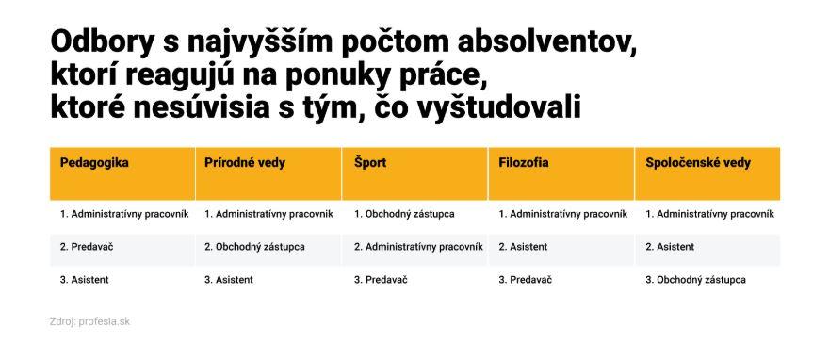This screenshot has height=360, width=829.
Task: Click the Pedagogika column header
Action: (x=94, y=163)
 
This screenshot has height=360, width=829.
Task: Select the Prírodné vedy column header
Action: (x=245, y=163)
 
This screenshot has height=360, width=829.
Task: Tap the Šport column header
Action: (x=370, y=163)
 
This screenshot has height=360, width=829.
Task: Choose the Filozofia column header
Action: (x=524, y=163)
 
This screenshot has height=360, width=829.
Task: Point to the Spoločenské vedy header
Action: (x=698, y=163)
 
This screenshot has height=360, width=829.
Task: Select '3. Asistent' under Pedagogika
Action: (x=84, y=280)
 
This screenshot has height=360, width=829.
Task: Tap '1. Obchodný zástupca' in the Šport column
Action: (x=404, y=214)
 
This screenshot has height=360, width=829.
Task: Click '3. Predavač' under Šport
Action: (x=381, y=280)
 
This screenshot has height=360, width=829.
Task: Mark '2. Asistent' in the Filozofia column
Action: (x=523, y=247)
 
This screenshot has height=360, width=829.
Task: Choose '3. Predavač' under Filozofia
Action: (x=525, y=280)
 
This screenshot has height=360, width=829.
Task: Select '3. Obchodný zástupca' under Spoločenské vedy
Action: (x=696, y=280)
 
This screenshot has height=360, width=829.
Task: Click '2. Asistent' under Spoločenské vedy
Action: (x=670, y=247)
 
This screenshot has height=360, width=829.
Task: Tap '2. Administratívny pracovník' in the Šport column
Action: (x=418, y=247)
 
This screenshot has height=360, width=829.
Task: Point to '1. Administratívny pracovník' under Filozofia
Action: (x=563, y=214)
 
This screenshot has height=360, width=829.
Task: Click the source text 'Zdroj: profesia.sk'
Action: (x=89, y=321)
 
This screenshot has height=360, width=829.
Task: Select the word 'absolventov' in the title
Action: (x=546, y=42)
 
